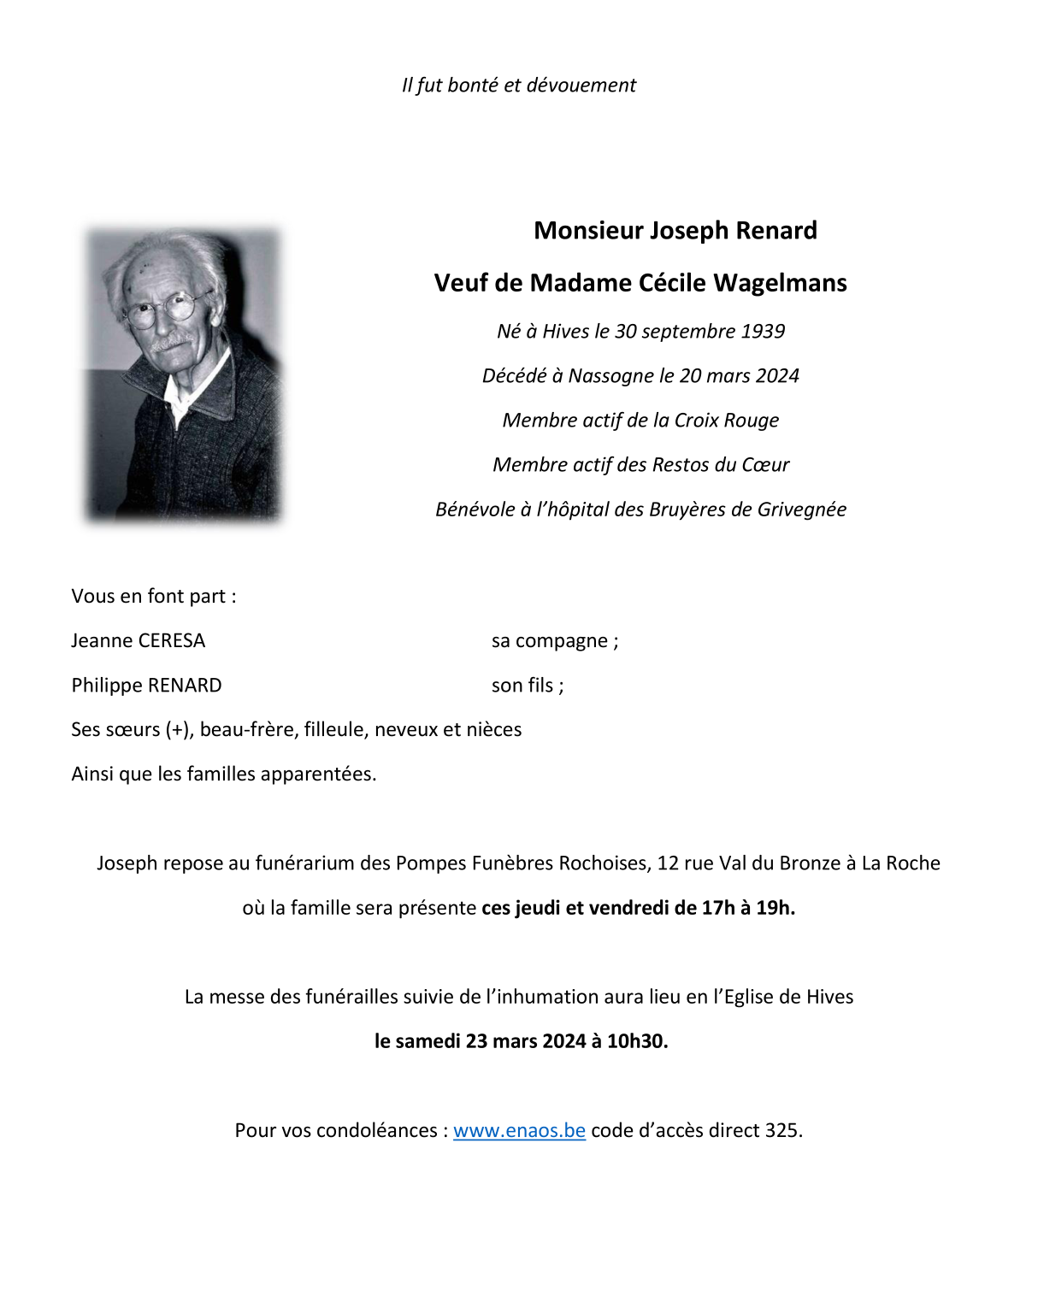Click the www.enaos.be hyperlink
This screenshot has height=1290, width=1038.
tap(519, 1130)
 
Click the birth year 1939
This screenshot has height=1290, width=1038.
tap(763, 332)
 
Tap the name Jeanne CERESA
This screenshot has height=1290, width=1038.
tap(139, 641)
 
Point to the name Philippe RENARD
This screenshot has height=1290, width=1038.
tap(146, 686)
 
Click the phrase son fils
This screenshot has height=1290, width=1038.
tap(525, 686)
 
